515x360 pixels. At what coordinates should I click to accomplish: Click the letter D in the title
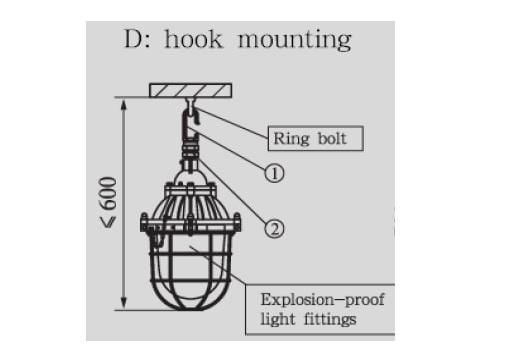pos(132,39)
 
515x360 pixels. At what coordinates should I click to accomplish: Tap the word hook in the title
pos(193,39)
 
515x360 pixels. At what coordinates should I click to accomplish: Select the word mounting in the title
pos(295,41)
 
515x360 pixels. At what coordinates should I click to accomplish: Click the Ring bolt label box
pos(316,138)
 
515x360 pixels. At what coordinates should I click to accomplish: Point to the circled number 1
pos(274,173)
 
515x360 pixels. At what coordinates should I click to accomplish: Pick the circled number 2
pos(274,229)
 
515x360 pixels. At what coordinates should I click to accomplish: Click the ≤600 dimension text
pos(109,202)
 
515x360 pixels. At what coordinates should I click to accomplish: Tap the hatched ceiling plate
pos(190,90)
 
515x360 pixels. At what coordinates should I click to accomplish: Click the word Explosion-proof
pos(322,300)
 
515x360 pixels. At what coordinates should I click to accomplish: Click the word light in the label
pos(278,319)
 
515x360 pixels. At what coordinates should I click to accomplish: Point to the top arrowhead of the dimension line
pos(124,105)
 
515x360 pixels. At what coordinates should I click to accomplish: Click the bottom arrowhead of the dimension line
pos(124,303)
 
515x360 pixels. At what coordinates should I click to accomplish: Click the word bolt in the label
pos(332,138)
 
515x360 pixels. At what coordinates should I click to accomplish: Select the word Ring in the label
pos(291,139)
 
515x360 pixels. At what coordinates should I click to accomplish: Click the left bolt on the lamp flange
pos(144,222)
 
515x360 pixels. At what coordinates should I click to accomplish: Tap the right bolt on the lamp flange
pos(237,222)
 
